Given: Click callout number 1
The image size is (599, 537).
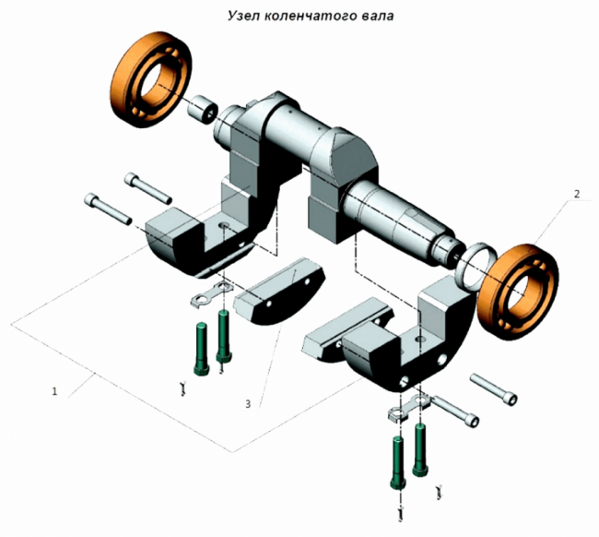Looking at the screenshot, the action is click(x=54, y=391).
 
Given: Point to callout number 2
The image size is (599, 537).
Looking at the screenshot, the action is click(x=577, y=194).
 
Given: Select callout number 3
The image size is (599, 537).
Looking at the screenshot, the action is click(x=248, y=404).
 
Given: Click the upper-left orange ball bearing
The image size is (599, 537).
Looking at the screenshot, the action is click(x=151, y=79).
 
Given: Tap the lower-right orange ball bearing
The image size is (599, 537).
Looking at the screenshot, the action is click(x=518, y=291).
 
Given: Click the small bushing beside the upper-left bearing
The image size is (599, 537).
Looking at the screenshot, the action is click(x=202, y=110).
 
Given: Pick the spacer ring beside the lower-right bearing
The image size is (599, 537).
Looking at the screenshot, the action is click(x=476, y=266).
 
